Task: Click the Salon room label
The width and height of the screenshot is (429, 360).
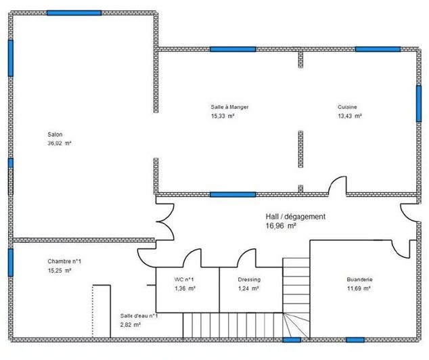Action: click(x=55, y=134)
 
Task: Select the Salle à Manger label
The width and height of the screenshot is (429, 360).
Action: click(x=229, y=107)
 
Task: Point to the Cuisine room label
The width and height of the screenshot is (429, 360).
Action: click(x=347, y=107)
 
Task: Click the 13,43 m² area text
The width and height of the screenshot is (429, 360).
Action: click(x=350, y=116)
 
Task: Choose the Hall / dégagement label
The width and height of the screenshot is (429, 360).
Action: click(x=296, y=217)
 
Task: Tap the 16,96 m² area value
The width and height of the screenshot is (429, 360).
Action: click(x=281, y=227)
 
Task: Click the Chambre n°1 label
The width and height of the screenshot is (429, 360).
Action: click(x=64, y=261)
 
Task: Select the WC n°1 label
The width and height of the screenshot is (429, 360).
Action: click(x=185, y=279)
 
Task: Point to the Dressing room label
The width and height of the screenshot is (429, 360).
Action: click(x=249, y=279)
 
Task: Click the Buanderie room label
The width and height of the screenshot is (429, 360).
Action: click(x=359, y=279)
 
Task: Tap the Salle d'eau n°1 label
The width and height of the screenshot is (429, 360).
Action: click(x=139, y=315)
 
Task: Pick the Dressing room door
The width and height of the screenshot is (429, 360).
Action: click(x=246, y=258)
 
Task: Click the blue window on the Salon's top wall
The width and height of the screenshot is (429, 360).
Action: click(x=74, y=13)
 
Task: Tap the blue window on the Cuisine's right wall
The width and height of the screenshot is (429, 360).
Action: click(x=418, y=104)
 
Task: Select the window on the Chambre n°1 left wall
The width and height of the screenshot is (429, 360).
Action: click(x=11, y=262)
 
